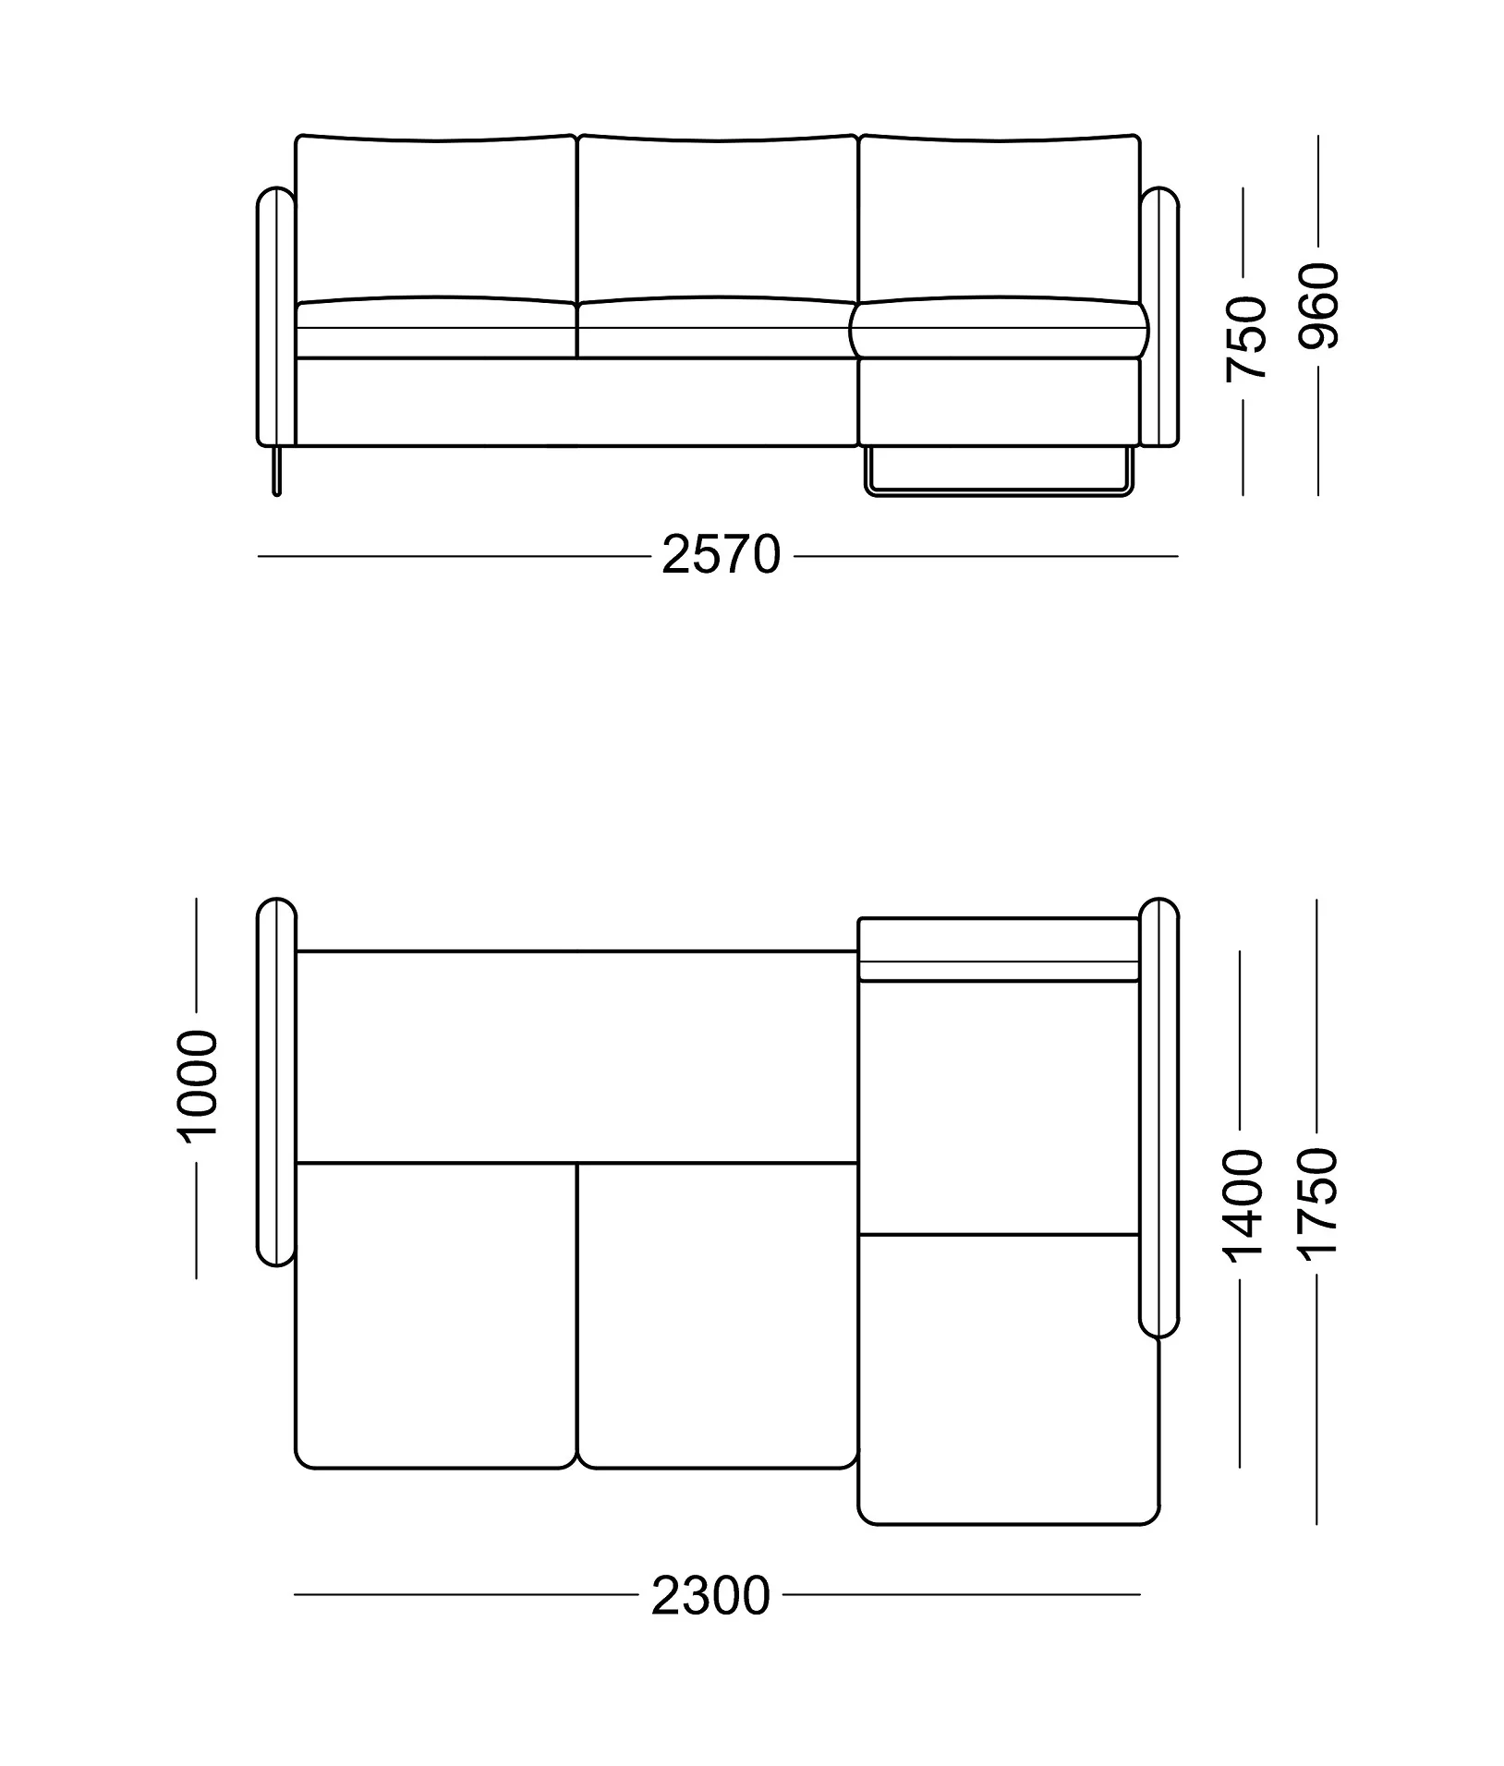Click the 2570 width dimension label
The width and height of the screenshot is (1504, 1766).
(722, 556)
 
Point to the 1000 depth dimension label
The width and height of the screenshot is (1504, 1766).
(198, 1086)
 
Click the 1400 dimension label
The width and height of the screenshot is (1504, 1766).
(1242, 1204)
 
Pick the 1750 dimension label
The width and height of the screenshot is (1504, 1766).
(1316, 1202)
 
